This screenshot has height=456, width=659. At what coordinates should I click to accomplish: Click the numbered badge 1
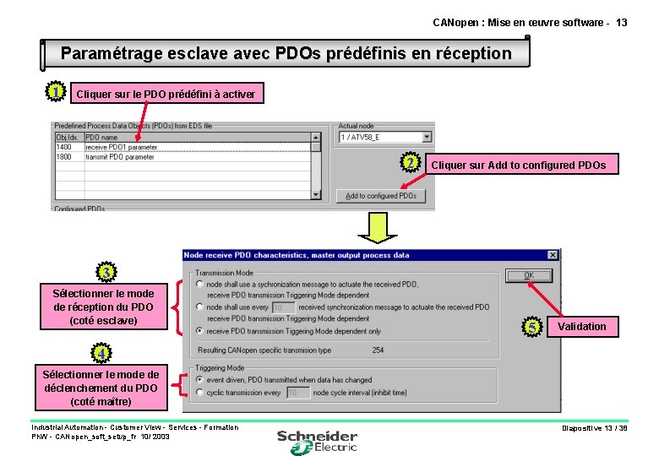[x=53, y=91]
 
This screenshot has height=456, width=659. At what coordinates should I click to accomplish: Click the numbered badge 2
[x=410, y=162]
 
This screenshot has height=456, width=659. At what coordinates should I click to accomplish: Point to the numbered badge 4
[x=100, y=352]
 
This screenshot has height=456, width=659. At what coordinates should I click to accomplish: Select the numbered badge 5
[x=531, y=326]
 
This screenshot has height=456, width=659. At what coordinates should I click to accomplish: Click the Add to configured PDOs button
[x=381, y=196]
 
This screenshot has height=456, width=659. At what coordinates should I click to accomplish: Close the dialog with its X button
[x=553, y=255]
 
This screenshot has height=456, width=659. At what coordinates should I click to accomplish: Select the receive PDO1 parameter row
[x=121, y=147]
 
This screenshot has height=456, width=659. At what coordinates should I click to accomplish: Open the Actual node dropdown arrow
[x=427, y=137]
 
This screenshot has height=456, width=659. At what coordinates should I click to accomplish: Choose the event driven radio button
[x=199, y=380]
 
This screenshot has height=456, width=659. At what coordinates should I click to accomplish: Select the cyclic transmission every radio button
[x=199, y=392]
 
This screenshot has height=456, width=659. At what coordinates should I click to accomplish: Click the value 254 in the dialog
[x=378, y=350]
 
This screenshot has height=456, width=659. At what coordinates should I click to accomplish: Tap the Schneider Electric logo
[x=317, y=440]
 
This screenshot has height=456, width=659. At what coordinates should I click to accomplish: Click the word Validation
[x=581, y=327]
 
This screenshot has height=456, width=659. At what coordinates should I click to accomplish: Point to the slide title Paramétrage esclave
[x=286, y=53]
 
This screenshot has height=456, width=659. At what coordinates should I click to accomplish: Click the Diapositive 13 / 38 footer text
[x=595, y=428]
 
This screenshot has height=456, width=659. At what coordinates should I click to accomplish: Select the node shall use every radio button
[x=199, y=307]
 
